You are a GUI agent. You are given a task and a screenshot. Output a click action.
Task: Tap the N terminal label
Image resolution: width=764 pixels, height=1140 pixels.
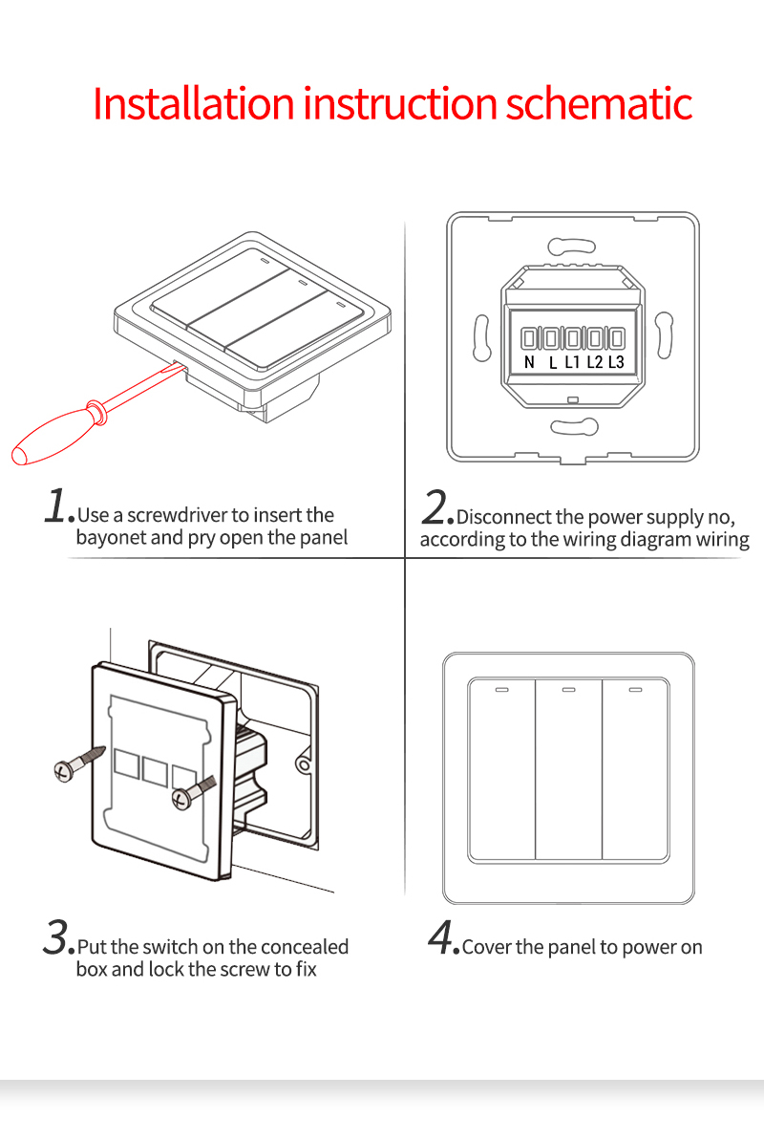(x=530, y=362)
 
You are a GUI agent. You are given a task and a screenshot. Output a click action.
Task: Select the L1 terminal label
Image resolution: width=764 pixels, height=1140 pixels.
(x=572, y=362)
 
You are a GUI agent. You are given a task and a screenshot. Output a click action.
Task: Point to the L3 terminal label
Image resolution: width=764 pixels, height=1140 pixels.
(x=616, y=362)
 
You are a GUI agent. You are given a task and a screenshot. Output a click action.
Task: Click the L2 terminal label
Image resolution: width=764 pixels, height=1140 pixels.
(x=594, y=362)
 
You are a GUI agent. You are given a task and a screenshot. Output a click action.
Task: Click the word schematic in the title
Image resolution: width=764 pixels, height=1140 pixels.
(x=599, y=103)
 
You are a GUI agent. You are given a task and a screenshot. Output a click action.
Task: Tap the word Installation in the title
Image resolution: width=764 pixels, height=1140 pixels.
(x=195, y=103)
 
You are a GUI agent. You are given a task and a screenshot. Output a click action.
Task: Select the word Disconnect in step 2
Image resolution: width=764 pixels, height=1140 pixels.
(x=503, y=518)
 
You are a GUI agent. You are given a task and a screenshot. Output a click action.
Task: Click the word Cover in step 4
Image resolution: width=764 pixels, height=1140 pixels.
(x=487, y=948)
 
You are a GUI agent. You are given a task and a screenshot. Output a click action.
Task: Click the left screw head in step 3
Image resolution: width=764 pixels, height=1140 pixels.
(x=62, y=766)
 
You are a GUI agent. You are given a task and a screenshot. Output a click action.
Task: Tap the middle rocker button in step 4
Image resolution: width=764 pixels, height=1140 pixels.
(x=568, y=769)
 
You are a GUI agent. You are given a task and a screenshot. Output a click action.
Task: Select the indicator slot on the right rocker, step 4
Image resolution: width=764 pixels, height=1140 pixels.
(x=635, y=689)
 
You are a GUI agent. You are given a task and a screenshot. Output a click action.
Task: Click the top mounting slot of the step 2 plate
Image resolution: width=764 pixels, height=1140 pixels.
(x=571, y=246)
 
